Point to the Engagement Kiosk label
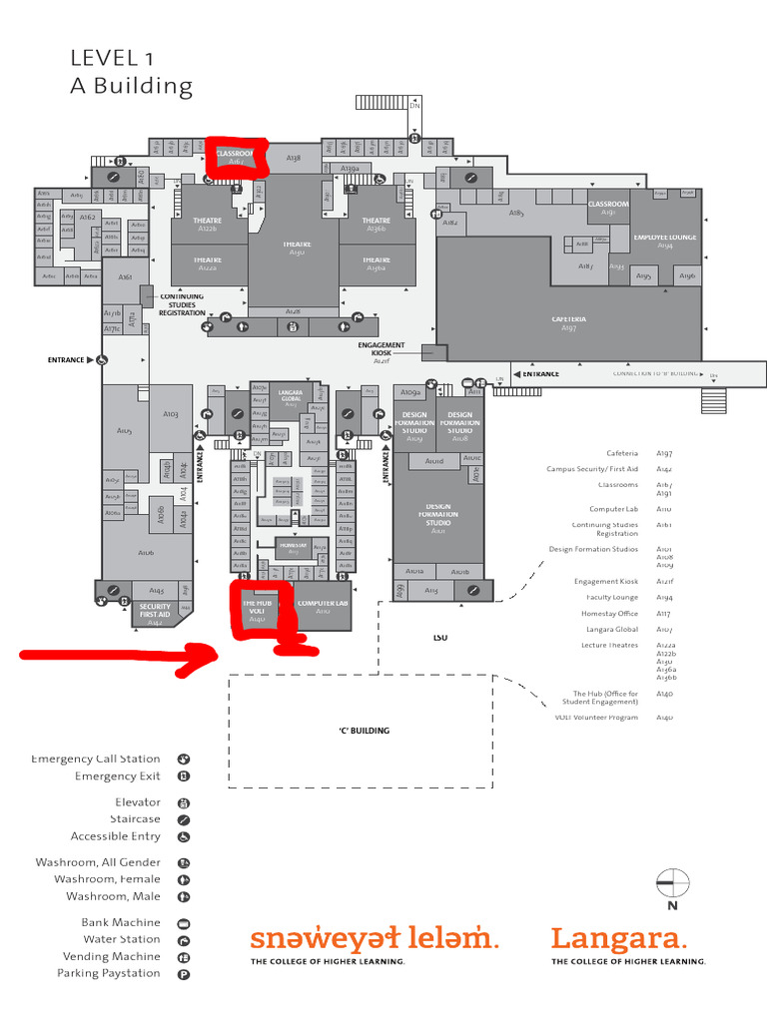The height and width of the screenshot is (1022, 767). tap(382, 350)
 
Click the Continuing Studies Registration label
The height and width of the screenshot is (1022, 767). tap(182, 304)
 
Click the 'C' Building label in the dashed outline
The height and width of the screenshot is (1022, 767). tap(364, 731)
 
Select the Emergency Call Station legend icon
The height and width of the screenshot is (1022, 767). tap(184, 760)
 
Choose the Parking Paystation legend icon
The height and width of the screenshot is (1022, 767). tap(184, 973)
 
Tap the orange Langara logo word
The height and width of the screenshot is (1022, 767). tap(619, 939)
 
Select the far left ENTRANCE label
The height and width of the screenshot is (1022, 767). tap(67, 359)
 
